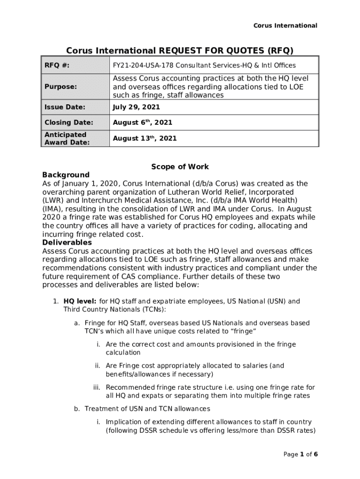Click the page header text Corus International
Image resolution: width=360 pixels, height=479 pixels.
[x=285, y=26]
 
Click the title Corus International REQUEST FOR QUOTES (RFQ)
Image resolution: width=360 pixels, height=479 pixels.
[x=180, y=50]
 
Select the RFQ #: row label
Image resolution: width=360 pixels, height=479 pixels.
[x=57, y=66]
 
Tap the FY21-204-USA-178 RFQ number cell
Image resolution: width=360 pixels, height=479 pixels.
[x=204, y=66]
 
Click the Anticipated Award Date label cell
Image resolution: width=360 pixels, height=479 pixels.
[x=67, y=138]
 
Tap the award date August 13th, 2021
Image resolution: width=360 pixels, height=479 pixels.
[x=145, y=138]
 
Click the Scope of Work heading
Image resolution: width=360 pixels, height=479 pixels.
[x=180, y=167]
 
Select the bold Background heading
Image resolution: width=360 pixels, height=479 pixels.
[x=66, y=175]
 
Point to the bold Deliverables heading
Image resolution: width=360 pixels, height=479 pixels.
[x=67, y=243]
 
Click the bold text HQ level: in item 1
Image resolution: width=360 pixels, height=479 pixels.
[x=80, y=301]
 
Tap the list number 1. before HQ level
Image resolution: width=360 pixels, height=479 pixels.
[x=56, y=301]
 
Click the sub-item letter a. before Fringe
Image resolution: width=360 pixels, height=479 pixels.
[x=77, y=323]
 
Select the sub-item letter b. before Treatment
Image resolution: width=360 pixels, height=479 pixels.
[x=77, y=409]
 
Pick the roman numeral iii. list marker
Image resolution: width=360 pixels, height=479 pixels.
[x=97, y=387]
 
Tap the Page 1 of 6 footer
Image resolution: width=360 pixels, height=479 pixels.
[x=301, y=454]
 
